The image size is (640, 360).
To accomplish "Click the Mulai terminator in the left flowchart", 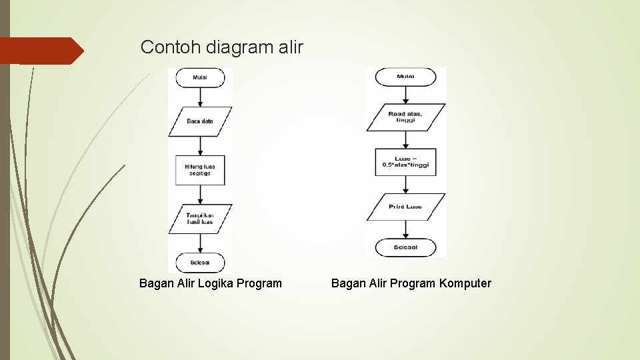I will [x=200, y=77].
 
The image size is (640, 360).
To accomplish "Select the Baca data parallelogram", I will [x=200, y=121].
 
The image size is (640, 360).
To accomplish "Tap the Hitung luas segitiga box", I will [x=200, y=169].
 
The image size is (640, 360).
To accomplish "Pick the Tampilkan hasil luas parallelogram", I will [x=200, y=219].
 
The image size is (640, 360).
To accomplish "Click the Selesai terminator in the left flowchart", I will [x=200, y=263].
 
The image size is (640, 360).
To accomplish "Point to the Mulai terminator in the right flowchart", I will [x=405, y=77].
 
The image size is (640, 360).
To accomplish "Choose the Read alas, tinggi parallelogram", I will [x=405, y=117].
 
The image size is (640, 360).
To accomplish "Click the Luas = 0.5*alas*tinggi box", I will [x=405, y=162].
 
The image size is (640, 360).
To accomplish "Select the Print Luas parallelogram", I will [x=405, y=207].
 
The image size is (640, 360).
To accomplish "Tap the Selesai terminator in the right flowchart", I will [x=405, y=247].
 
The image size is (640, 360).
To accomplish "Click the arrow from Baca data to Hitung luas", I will [x=200, y=146].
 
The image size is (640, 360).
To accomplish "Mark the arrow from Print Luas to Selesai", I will [x=405, y=229].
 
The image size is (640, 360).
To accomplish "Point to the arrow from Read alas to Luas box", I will [x=405, y=139].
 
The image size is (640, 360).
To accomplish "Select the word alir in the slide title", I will [x=291, y=47].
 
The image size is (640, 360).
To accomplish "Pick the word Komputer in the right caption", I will [x=465, y=283].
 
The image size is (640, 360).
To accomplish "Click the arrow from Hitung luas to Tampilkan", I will [x=200, y=195].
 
